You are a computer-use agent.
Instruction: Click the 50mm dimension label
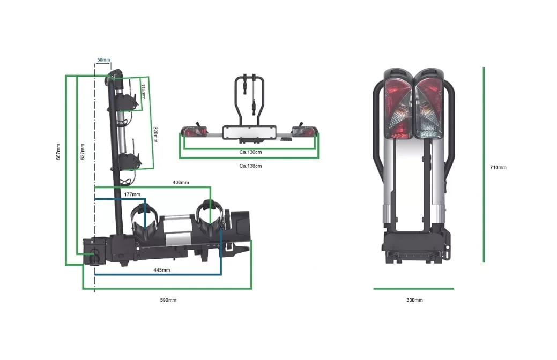pos(103,59)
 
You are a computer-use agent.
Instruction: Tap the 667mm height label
pos(58,152)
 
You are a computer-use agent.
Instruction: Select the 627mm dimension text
pos(83,152)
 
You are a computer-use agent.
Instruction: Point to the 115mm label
pos(143,92)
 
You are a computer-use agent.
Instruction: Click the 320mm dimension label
pos(155,134)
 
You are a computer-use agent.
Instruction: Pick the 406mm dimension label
pos(181,183)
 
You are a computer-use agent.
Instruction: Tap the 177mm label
pos(132,194)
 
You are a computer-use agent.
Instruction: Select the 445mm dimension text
pos(161,270)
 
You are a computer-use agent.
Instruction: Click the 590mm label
pos(168,300)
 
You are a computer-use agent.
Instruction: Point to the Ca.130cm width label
pos(250,152)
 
